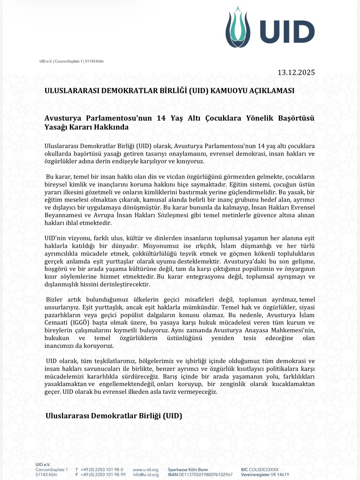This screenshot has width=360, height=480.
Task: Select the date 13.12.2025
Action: click(x=296, y=73)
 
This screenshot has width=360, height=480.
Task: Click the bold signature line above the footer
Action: click(x=114, y=416)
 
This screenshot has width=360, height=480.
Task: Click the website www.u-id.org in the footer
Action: click(x=146, y=470)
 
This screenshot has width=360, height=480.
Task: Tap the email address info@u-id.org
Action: click(x=146, y=475)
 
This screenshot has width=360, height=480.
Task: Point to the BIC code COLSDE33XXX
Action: click(x=263, y=470)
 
